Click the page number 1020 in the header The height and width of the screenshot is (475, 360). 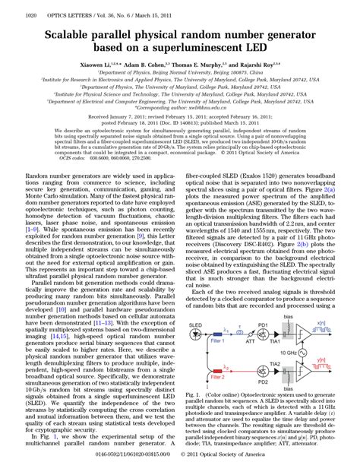(11, 14)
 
